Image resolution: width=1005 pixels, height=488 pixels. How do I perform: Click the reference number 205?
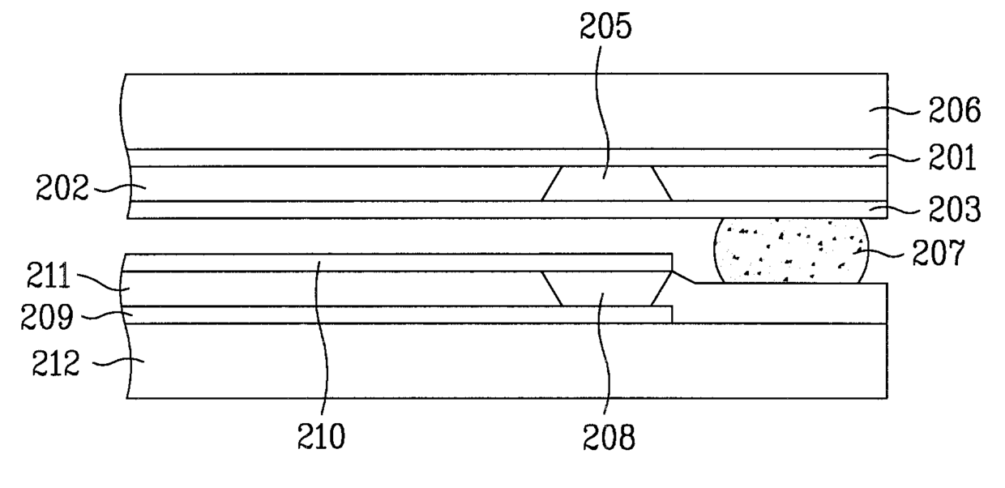point(607,27)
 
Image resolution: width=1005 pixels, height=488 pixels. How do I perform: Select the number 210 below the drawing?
point(322,437)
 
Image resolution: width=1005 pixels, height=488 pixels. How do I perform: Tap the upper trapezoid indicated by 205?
point(606,184)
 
